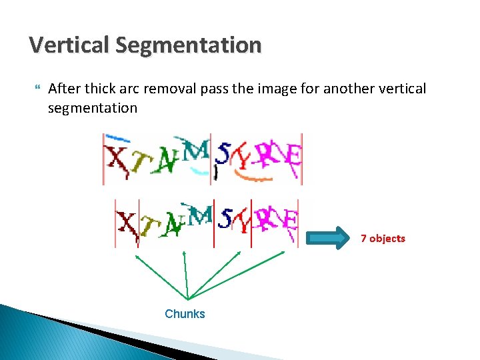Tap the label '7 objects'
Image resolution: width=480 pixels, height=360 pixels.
tap(383, 238)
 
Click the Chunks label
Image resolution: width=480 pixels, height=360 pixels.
tap(185, 314)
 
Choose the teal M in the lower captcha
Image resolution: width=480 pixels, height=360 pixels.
tap(200, 215)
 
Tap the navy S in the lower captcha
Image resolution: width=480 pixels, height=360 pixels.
tap(227, 218)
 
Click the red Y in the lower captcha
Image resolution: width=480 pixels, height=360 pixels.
tap(244, 223)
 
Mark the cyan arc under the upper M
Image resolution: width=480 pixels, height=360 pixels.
tap(198, 171)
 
